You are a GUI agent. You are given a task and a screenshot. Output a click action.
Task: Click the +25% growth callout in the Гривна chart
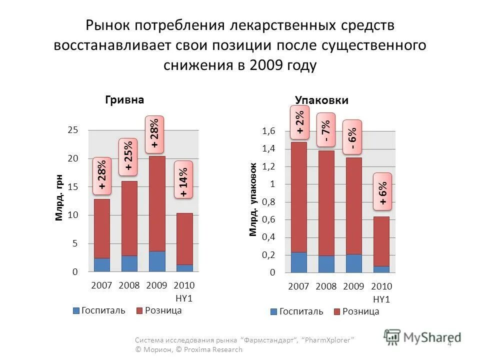[x=128, y=157]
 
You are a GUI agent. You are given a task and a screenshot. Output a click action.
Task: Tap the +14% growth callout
[x=183, y=179]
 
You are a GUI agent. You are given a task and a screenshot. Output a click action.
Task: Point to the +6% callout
[x=382, y=191]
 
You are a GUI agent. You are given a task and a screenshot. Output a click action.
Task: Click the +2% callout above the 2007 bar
[x=300, y=122]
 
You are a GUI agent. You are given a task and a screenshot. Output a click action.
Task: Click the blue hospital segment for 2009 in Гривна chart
[x=156, y=261]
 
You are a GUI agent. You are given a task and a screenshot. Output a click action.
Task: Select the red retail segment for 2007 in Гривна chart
[x=101, y=228]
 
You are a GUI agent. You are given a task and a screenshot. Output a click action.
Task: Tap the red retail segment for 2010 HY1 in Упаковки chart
[x=381, y=241]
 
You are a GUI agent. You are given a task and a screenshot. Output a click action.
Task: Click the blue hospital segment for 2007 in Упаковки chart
[x=298, y=262]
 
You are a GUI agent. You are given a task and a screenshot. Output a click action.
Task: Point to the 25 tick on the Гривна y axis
[x=73, y=130]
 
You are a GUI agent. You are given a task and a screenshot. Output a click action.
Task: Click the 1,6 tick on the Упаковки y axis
[x=268, y=131]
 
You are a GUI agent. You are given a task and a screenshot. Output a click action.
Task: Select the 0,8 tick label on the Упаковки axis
[x=268, y=202]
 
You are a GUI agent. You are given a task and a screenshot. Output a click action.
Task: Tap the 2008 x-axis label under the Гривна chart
[x=129, y=285]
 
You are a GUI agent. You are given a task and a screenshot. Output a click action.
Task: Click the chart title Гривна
[x=124, y=99]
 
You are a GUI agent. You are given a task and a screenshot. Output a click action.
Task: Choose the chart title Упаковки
[x=321, y=100]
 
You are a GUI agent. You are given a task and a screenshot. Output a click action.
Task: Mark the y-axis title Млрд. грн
[x=59, y=197]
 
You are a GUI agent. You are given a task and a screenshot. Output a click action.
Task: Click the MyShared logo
[x=422, y=336]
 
